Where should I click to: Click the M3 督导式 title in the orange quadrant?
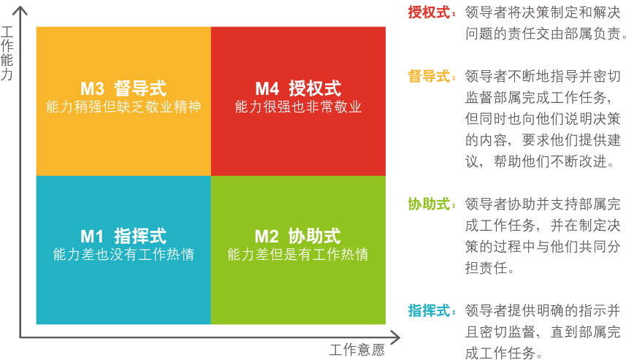pos(123,88)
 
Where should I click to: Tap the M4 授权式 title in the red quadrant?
pos(298,88)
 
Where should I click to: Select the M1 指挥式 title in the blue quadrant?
pos(123,236)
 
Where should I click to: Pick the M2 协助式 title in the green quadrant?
pos(298,236)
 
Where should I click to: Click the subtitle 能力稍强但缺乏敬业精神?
pos(123,107)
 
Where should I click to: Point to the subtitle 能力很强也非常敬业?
pos(298,107)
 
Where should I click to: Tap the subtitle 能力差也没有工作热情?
pos(123,254)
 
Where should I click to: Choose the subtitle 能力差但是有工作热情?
pos(298,254)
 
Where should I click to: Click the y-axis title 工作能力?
pos(7,53)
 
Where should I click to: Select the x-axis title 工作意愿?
pos(357,350)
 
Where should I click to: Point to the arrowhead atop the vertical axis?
pos(20,11)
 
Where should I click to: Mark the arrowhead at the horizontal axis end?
pos(395,337)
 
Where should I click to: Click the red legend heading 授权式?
pos(430,12)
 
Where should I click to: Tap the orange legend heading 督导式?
pos(430,76)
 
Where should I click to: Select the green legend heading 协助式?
pos(430,204)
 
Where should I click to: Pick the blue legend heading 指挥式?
pos(430,310)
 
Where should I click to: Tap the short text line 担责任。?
pos(489,268)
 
